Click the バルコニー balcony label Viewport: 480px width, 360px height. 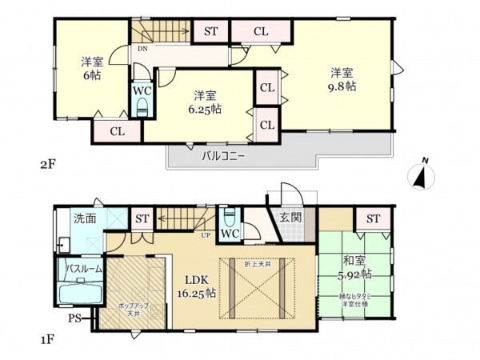click(x=223, y=157)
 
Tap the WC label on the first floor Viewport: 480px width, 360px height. click(x=229, y=234)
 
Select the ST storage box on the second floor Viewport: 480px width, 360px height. click(x=210, y=32)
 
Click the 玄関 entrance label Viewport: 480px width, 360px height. click(x=290, y=217)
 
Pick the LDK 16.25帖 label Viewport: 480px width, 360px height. click(x=199, y=286)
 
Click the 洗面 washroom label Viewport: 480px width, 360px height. click(x=85, y=218)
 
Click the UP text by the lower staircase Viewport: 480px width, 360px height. click(x=206, y=235)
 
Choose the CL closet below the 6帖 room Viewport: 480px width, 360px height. click(x=116, y=130)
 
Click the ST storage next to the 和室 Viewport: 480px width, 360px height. click(x=373, y=218)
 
